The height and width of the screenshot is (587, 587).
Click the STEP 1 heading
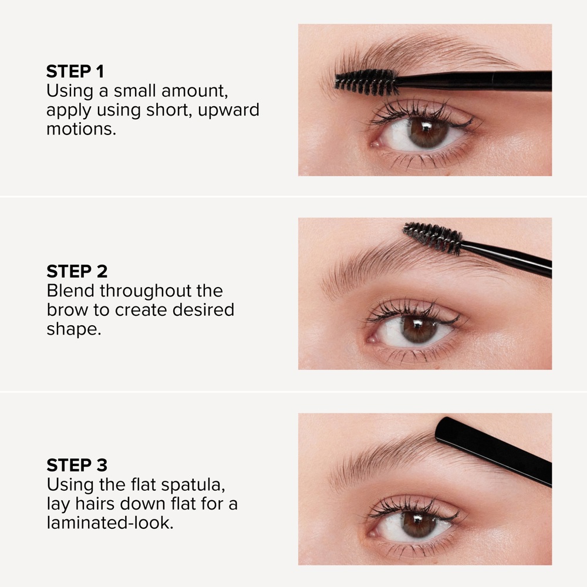75,72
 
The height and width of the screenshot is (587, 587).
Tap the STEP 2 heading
77,271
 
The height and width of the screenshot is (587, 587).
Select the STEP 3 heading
77,465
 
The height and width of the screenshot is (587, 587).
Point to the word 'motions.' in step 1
81,129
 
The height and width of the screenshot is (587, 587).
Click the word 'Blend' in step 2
70,291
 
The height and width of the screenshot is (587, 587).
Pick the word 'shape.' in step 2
74,329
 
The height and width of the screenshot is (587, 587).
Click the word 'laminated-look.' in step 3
110,522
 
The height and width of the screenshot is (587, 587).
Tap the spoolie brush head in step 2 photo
433,237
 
